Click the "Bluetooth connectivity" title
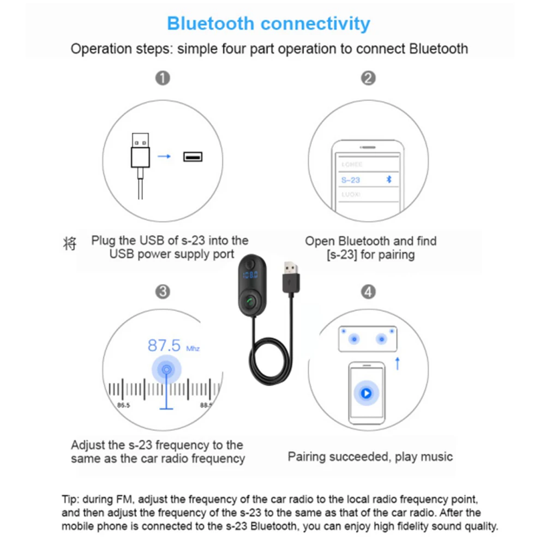[268, 24]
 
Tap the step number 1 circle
[163, 78]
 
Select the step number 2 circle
[369, 78]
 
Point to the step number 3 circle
[163, 292]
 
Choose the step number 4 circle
[369, 292]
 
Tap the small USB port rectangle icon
[193, 157]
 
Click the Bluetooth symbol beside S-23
[389, 179]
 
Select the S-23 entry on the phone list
[351, 180]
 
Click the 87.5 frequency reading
[164, 345]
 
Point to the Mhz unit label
[193, 348]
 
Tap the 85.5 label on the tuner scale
[124, 405]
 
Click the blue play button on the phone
[366, 392]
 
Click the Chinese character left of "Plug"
[69, 243]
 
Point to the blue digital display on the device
[250, 277]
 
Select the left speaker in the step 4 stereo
[355, 339]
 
